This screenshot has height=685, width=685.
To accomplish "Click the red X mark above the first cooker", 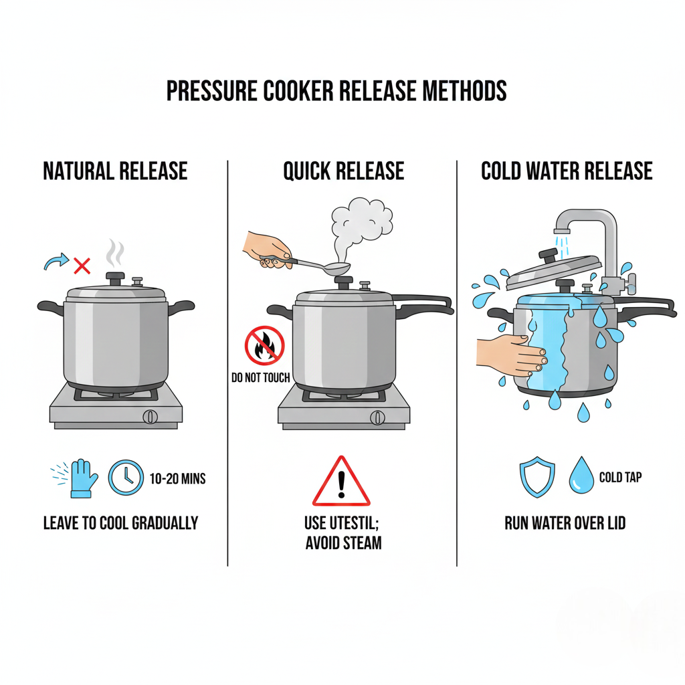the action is pos(82,266).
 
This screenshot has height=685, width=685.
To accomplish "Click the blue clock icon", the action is pos(126,478).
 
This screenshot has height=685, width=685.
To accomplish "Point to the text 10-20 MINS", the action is pos(177,479).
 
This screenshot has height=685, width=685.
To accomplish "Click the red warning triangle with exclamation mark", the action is pos(341,482).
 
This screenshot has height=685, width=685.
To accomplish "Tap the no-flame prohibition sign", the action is pos(264,346).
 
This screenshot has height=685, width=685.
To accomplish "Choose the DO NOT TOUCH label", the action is pos(261,377).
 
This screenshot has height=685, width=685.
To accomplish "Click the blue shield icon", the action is pos(537,477).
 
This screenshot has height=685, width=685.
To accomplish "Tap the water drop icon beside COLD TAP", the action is pos(581,476).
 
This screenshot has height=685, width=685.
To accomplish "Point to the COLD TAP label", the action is pos(620,478).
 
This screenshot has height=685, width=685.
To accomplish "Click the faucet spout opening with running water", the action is pos(562,231).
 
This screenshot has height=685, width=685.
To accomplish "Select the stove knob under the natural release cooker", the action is pos(150,417).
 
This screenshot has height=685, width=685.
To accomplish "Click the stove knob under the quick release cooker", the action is pos(377,417).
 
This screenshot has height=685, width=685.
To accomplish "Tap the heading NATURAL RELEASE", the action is pos(115,171).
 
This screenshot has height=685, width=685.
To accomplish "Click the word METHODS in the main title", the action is pos(464,91).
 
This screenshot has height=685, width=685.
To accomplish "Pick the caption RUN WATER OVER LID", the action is pos(565,523).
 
